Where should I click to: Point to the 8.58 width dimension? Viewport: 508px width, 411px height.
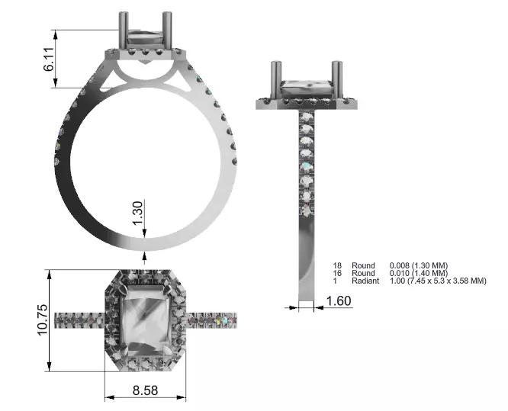tap(145, 390)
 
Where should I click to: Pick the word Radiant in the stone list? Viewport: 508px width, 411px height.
tap(365, 281)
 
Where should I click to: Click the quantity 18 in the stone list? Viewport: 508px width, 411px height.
tap(338, 265)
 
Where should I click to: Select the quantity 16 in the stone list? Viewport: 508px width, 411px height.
tap(338, 273)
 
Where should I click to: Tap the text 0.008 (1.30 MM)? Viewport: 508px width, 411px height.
tap(419, 265)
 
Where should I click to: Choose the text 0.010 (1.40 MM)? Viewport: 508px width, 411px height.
tap(419, 273)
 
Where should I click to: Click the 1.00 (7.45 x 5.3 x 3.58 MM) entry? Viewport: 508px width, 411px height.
tap(438, 281)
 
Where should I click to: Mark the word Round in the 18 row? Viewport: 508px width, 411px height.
tap(363, 265)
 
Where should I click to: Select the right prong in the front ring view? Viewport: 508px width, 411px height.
tap(166, 31)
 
